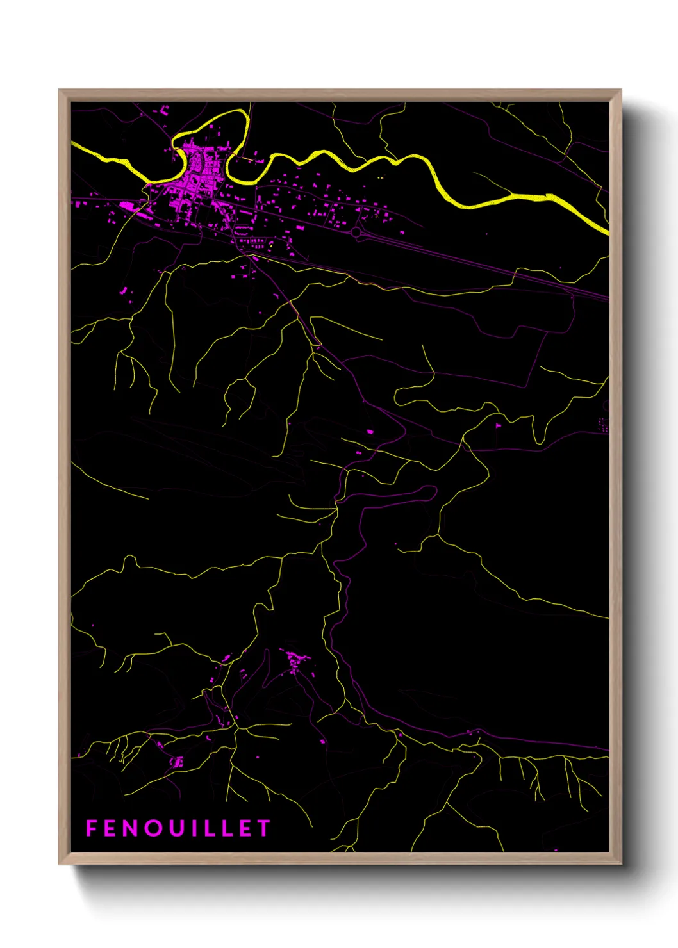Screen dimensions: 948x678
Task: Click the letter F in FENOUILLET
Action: pyautogui.click(x=92, y=828)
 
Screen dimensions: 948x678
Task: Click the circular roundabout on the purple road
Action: pyautogui.click(x=356, y=232)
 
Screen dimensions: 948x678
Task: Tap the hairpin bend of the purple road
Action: pyautogui.click(x=434, y=491)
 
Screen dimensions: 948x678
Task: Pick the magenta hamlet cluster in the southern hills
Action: pyautogui.click(x=296, y=659)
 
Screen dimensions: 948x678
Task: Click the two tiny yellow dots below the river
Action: pyautogui.click(x=380, y=177)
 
